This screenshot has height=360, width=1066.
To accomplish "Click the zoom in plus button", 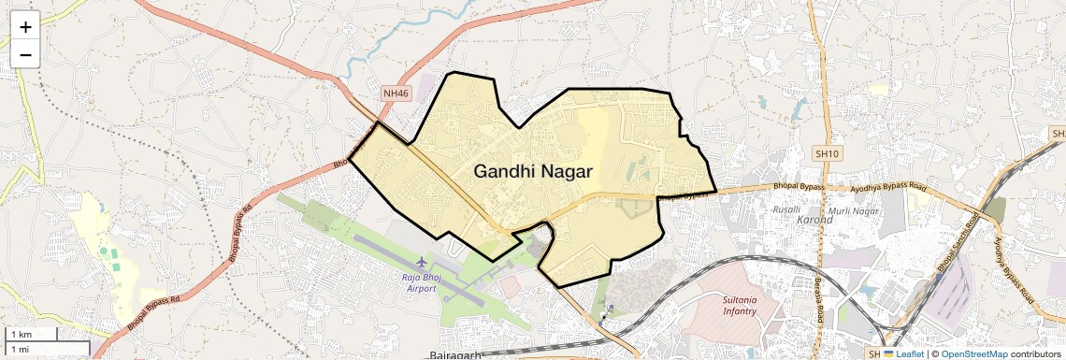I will (25, 28).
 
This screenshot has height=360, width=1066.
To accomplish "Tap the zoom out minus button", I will (25, 55).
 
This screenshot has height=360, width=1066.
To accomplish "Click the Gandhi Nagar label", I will (533, 171).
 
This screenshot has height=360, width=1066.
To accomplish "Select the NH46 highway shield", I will (396, 94).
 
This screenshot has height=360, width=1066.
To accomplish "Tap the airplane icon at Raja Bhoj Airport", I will (423, 261).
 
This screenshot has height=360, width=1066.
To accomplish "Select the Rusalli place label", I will (785, 209).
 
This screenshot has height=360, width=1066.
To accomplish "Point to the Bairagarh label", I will (455, 355).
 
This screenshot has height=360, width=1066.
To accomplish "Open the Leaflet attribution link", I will (904, 353).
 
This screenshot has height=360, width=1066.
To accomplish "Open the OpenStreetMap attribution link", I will (973, 353).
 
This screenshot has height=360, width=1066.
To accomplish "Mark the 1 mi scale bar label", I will (20, 349).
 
